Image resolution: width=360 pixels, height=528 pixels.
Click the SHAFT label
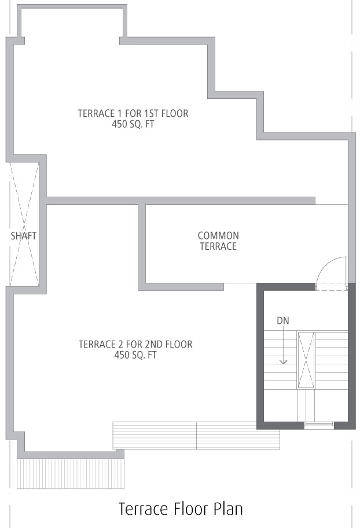click(x=23, y=236)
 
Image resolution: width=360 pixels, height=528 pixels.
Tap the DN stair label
click(x=283, y=320)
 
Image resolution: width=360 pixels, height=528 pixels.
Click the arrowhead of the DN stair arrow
click(x=284, y=362)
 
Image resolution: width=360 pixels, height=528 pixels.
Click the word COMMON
click(x=218, y=235)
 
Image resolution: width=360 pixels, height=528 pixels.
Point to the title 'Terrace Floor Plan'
click(x=181, y=509)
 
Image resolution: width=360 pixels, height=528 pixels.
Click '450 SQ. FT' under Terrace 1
click(x=133, y=124)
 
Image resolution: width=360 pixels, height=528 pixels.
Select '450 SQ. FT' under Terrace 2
click(x=135, y=355)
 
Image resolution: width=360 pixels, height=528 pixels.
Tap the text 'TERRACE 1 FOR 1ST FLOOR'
click(x=133, y=113)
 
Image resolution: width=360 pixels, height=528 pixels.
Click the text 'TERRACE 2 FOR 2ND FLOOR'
click(x=135, y=344)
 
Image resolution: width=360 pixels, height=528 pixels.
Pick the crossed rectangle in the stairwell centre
click(x=306, y=360)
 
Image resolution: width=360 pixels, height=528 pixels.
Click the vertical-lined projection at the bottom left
click(x=71, y=474)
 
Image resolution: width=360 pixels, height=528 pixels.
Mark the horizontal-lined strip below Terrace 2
click(x=196, y=435)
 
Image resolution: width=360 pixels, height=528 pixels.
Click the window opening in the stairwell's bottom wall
click(x=319, y=425)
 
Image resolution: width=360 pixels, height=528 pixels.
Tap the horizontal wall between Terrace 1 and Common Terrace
click(x=181, y=201)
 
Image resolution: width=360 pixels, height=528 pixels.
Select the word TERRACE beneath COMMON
click(x=218, y=246)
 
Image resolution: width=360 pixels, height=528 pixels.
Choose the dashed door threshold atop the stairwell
click(x=331, y=287)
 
